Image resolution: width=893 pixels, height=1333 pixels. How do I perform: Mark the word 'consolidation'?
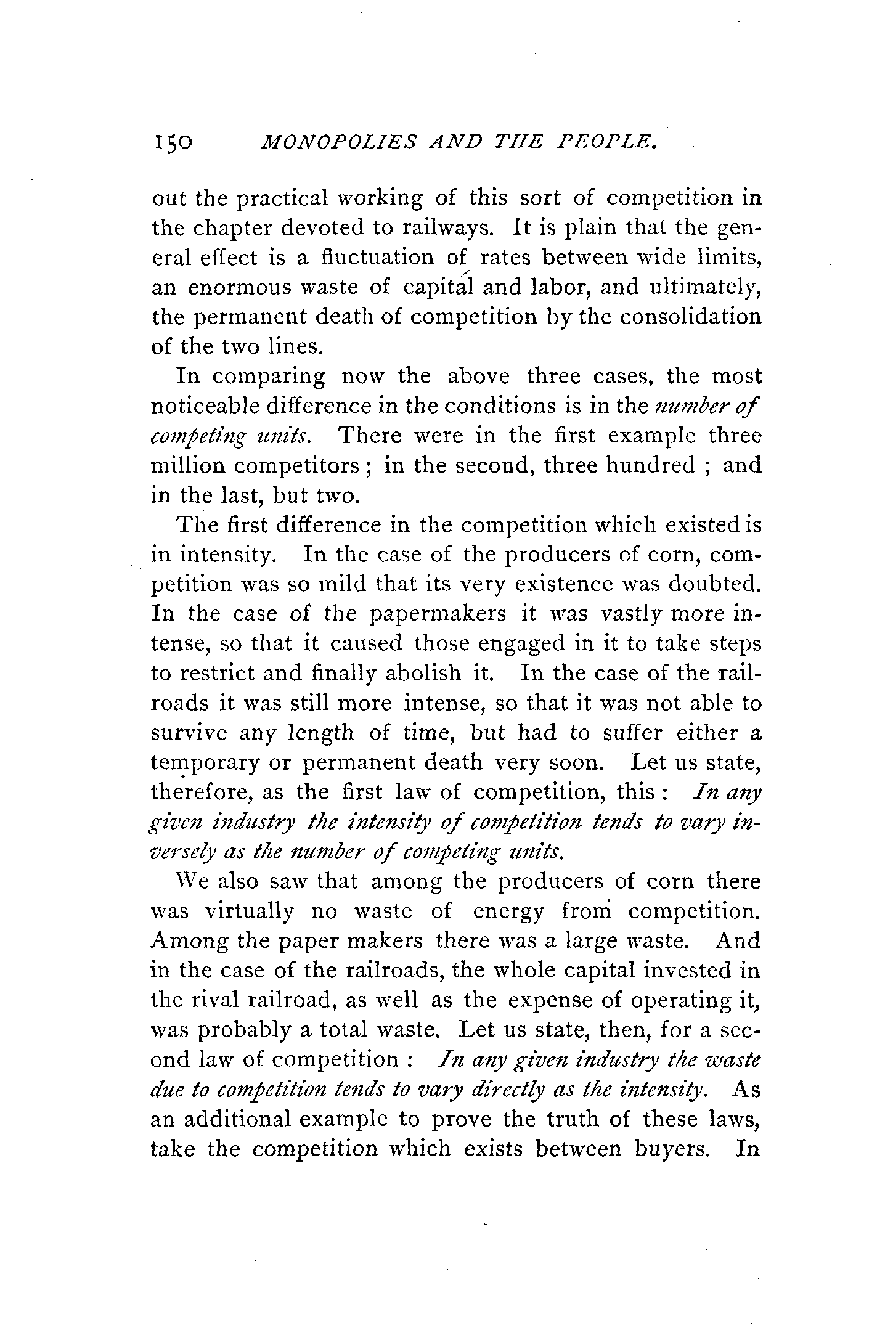[690, 317]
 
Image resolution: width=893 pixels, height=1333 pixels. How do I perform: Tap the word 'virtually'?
[249, 911]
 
